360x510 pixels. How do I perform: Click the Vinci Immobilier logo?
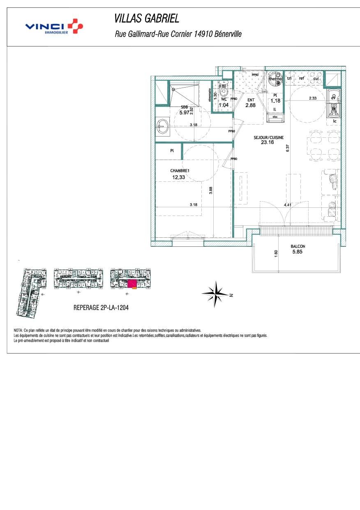[x=54, y=27]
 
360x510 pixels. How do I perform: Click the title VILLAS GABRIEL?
[x=146, y=19]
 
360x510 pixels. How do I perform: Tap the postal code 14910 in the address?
[x=200, y=35]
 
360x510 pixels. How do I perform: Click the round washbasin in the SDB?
[x=163, y=127]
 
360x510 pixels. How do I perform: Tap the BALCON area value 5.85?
[x=298, y=252]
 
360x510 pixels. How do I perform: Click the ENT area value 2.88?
[x=250, y=106]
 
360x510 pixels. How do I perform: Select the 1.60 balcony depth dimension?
[x=276, y=255]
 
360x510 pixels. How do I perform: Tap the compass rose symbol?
[x=215, y=293]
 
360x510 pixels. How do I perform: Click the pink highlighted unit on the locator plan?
[x=132, y=284]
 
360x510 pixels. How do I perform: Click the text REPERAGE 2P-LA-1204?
[x=101, y=307]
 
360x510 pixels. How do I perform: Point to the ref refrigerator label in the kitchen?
[x=302, y=78]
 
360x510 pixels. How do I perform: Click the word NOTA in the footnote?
[x=18, y=330]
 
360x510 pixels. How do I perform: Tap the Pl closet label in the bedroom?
[x=172, y=151]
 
